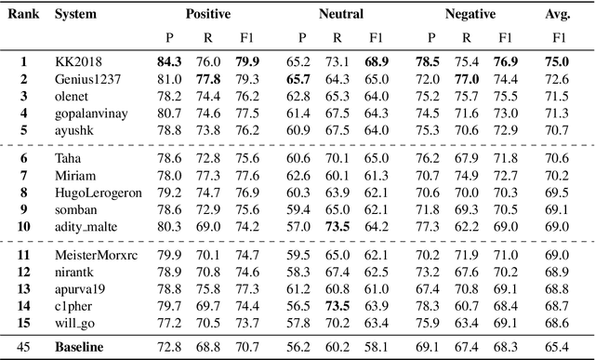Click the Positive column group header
(207, 15)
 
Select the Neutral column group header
(341, 15)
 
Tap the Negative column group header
(469, 15)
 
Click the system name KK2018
(78, 62)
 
